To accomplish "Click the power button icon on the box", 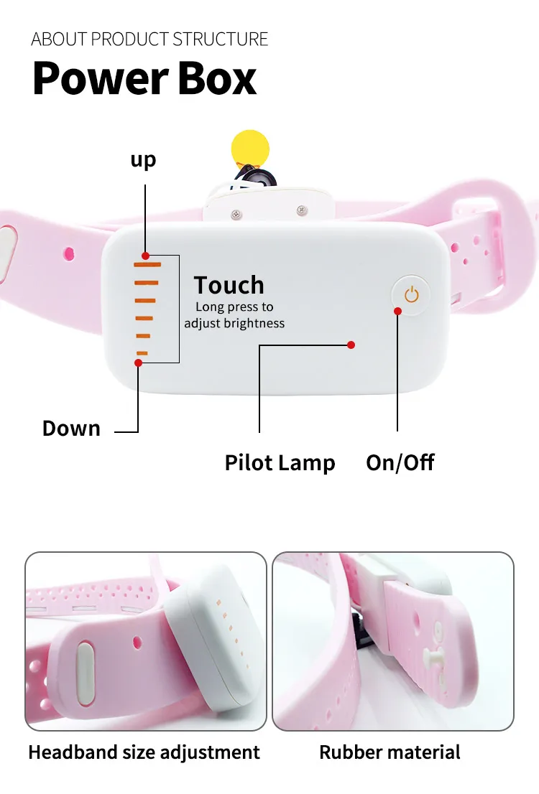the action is point(411,294).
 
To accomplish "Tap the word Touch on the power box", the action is point(229,285).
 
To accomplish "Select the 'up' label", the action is point(143,159).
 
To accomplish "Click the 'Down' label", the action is point(71,429).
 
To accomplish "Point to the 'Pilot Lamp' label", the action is point(280,462).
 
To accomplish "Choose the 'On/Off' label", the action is point(400,462).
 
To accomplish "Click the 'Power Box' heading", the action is point(144,79).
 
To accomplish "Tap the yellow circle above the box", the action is point(249,148).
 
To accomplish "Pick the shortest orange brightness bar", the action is point(142,352).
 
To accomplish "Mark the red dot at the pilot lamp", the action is point(351,345).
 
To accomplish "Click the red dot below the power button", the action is point(397,311).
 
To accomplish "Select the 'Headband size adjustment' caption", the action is point(144,752).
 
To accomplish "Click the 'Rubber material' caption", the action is point(390,752).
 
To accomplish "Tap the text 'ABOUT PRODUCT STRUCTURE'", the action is point(149,39).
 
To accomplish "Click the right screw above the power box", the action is point(302,210).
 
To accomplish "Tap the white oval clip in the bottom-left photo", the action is point(85,666).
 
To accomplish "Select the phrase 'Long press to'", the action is point(234,307).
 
